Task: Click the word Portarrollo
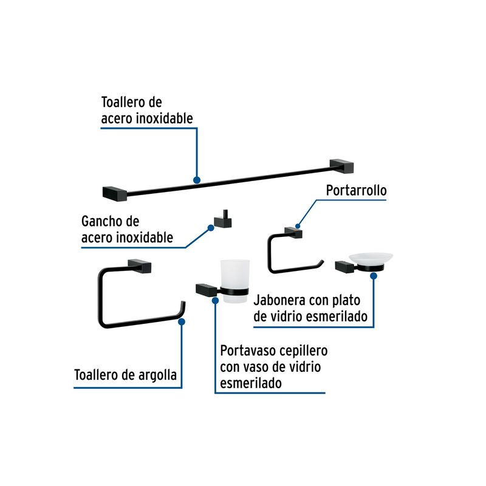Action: tap(356, 190)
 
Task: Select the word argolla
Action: tap(157, 375)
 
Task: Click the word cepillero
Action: tap(303, 351)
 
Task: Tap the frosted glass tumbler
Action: tap(235, 281)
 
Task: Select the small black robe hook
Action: tap(223, 219)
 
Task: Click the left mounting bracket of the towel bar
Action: tap(115, 194)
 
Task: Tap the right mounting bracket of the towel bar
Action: tap(342, 166)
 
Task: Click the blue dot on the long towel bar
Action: tap(196, 180)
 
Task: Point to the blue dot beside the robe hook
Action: tap(211, 228)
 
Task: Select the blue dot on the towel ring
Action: tap(182, 322)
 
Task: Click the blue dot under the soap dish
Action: tap(374, 276)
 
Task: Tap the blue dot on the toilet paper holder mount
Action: tap(298, 226)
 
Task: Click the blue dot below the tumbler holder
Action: tap(215, 300)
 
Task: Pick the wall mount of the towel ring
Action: tap(140, 266)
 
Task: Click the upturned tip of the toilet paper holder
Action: tap(323, 262)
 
